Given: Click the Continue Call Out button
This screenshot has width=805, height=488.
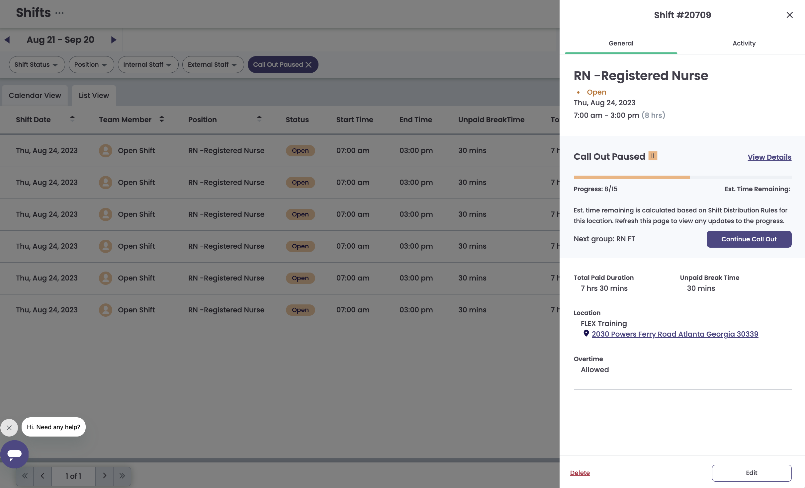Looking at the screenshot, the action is click(x=749, y=239).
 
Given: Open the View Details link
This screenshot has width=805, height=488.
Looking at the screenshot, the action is click(x=769, y=157).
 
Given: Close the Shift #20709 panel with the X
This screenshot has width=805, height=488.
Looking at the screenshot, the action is click(x=790, y=15).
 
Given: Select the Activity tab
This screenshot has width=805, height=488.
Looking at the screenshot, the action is click(x=744, y=43).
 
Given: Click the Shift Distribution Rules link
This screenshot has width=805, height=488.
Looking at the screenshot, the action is click(x=743, y=210).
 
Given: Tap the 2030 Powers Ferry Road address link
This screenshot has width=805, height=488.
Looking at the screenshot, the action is click(x=675, y=334).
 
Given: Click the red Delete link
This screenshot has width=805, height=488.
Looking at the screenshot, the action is click(x=580, y=473).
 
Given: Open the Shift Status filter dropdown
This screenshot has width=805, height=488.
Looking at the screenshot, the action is click(x=37, y=64).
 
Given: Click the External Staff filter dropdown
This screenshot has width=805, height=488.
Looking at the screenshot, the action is click(x=213, y=64).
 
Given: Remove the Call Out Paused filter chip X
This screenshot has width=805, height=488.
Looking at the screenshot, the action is click(x=309, y=64).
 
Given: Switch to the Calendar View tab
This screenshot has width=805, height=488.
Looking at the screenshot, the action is click(x=35, y=95).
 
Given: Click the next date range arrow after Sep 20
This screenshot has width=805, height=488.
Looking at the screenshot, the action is click(x=114, y=40).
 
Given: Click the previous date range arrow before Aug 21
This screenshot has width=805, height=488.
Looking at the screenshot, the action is click(x=7, y=40).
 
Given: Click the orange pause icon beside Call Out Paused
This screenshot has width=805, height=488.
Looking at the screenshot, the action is click(x=653, y=156).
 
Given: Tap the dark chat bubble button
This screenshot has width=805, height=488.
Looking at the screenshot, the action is click(x=14, y=454).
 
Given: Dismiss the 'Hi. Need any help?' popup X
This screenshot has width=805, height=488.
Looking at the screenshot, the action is click(x=9, y=428).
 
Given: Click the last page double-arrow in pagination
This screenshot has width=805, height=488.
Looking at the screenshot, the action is click(x=122, y=476).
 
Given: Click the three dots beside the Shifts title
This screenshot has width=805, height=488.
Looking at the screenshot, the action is click(x=59, y=13).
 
